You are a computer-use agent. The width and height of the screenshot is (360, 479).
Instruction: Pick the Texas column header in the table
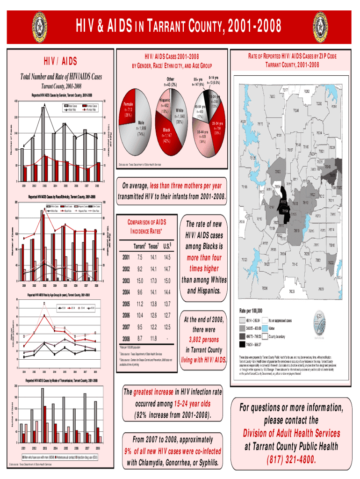[x=153, y=247]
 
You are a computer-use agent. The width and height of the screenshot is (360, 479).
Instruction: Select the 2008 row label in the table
[x=126, y=338]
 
